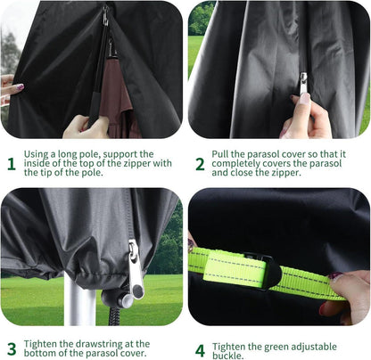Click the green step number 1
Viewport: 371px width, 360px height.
click(12, 164)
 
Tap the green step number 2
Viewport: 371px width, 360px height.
click(200, 164)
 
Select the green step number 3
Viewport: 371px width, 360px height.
click(12, 349)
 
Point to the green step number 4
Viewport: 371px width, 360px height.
click(200, 351)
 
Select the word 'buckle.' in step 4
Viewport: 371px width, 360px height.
click(227, 356)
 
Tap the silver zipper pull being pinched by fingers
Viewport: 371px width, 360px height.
click(303, 84)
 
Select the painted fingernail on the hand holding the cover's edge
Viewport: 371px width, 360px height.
click(20, 87)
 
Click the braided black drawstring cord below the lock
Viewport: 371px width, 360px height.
click(114, 316)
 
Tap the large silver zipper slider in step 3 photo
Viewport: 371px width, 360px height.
click(136, 270)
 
